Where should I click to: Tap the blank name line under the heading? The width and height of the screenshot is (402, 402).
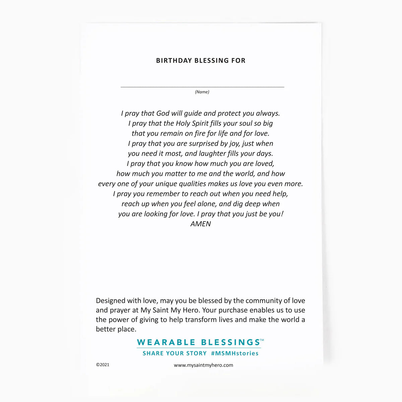click(x=202, y=86)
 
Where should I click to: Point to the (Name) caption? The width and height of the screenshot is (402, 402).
click(x=202, y=92)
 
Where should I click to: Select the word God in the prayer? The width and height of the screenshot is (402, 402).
click(x=163, y=113)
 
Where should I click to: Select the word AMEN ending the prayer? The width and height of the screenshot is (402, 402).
click(x=201, y=224)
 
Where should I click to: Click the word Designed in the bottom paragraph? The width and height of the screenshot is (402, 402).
click(x=111, y=301)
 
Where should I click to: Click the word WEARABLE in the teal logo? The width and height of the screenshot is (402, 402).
click(x=166, y=342)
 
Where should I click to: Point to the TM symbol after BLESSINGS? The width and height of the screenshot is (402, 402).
click(x=262, y=340)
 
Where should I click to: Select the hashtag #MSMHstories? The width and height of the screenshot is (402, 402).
click(x=235, y=353)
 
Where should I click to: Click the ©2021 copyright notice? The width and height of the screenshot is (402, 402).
click(x=103, y=365)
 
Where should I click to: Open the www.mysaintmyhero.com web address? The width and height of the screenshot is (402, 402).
click(x=203, y=365)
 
